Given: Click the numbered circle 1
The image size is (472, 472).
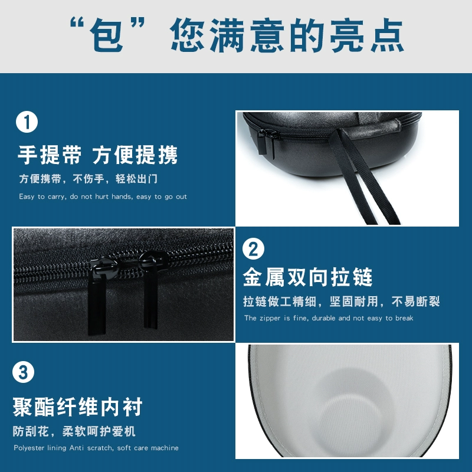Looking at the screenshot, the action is (x=27, y=122).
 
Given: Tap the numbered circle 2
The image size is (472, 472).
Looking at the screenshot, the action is (x=253, y=249).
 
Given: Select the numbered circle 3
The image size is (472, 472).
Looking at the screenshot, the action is (x=23, y=372).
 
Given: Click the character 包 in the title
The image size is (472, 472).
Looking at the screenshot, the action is (x=107, y=35).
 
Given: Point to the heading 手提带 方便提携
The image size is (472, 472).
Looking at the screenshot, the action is (x=97, y=155).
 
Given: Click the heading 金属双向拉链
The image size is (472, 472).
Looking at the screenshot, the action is (x=307, y=277).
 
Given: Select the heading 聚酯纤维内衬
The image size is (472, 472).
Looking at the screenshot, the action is (x=77, y=407).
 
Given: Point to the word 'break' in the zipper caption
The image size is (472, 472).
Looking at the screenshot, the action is (x=404, y=318).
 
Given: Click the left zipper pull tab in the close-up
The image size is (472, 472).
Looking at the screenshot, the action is (x=97, y=304).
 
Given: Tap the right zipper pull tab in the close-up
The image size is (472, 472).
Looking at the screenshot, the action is (x=150, y=303).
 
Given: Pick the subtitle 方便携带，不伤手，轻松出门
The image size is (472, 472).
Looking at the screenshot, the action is (x=88, y=179).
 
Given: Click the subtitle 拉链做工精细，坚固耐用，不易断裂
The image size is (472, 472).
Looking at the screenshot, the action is (x=342, y=301).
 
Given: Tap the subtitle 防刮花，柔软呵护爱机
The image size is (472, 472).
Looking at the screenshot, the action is (x=74, y=431).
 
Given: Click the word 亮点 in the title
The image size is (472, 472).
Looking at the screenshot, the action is (x=366, y=35).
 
